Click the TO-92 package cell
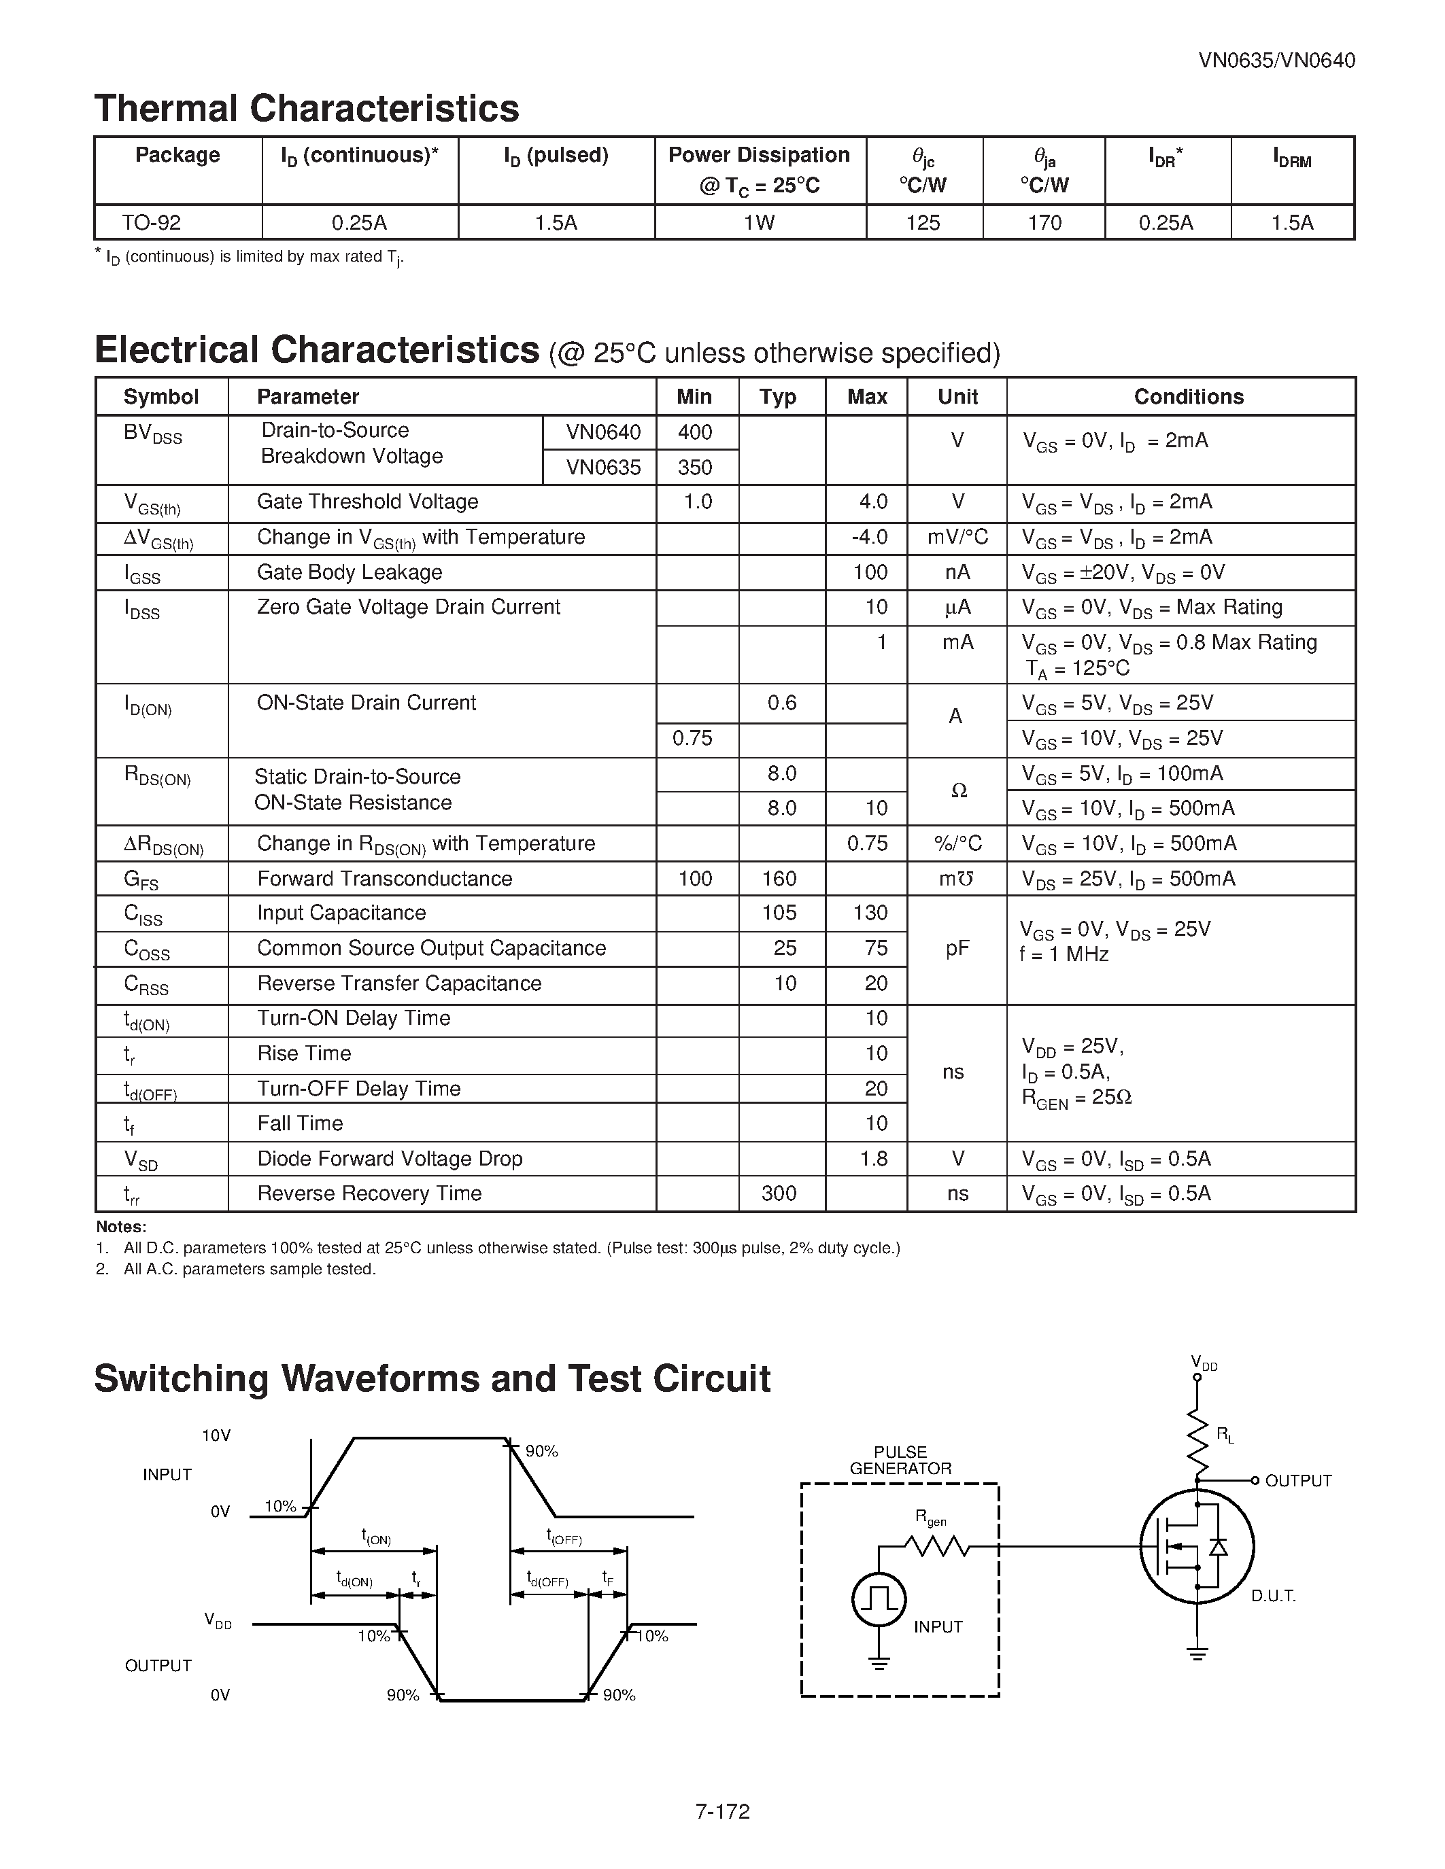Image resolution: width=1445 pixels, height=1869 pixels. coord(152,224)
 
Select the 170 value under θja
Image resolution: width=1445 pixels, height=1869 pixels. coord(1044,224)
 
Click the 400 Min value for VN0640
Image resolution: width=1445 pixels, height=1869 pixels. coord(695,432)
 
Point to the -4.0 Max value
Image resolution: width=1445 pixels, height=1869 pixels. coord(868,538)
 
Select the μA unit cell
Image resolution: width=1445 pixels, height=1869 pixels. coord(957,608)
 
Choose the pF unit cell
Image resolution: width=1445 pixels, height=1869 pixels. coord(957,948)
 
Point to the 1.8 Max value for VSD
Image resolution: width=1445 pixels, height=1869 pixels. coord(873,1159)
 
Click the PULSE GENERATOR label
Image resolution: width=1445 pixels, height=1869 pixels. coord(900,1460)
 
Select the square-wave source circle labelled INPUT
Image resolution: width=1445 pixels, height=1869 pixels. coord(879,1599)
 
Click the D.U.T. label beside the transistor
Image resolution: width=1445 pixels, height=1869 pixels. coord(1273,1596)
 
